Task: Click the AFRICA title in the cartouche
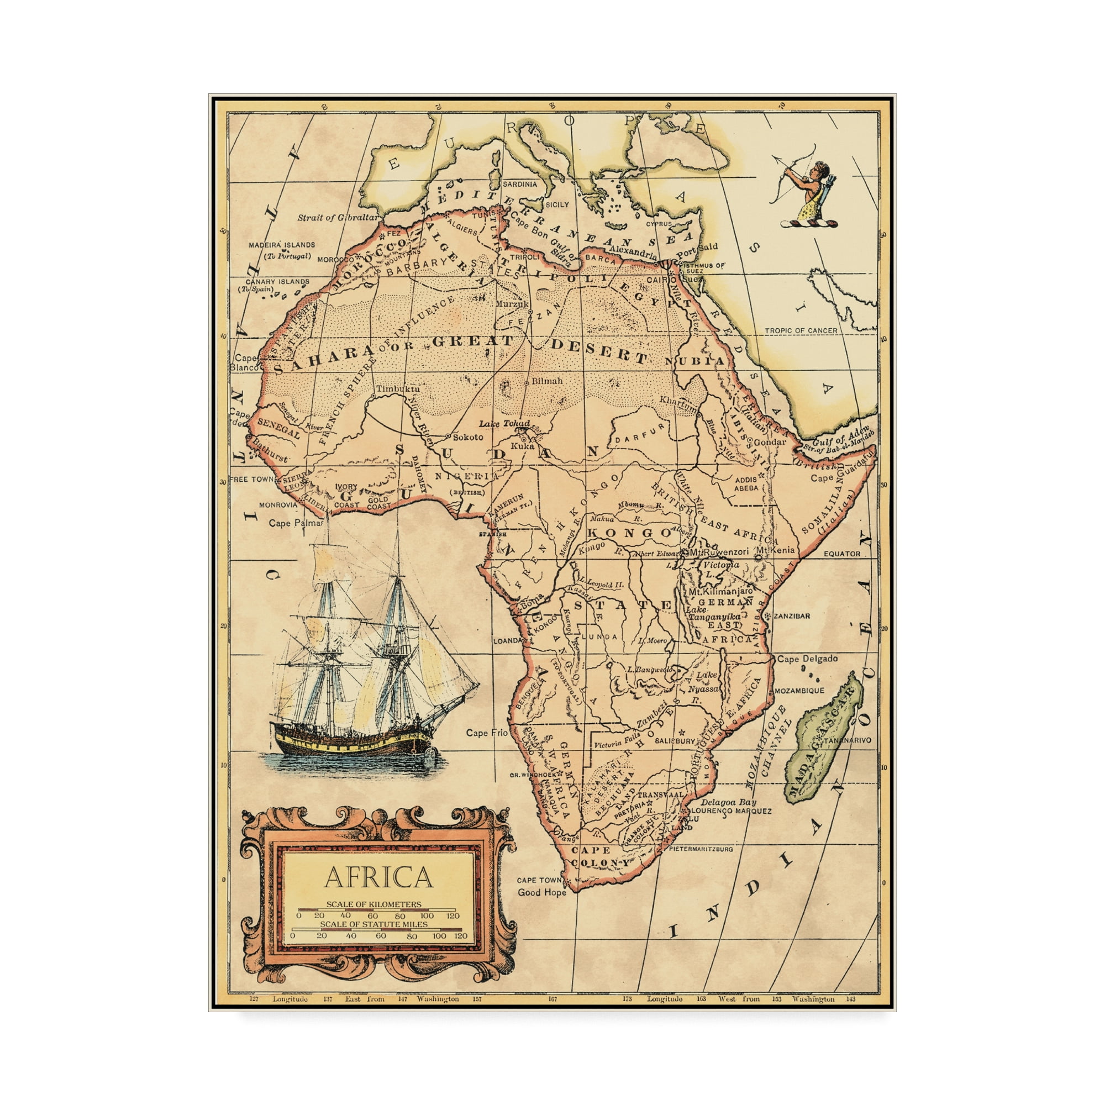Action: [378, 877]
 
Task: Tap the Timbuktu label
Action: [397, 389]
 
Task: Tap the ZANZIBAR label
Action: [792, 616]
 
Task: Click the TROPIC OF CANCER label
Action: [801, 330]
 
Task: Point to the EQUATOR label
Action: [841, 554]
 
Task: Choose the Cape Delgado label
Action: [807, 659]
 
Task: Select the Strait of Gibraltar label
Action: [338, 218]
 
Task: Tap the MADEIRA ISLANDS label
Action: [281, 245]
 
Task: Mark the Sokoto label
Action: [467, 437]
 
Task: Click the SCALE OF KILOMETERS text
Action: [373, 904]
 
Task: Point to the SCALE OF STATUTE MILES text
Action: [373, 924]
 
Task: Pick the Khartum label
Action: [679, 400]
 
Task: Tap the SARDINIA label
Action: [519, 184]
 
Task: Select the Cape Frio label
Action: [486, 733]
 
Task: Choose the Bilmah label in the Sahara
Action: [547, 380]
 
